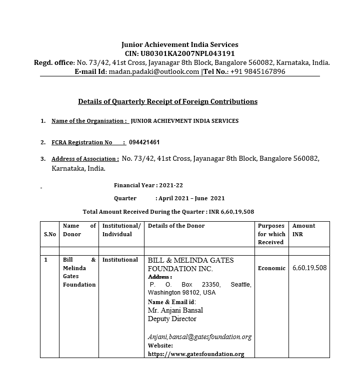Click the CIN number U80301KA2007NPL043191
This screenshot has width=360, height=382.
pos(187,53)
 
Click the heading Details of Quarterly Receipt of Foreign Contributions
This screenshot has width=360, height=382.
pos(167,101)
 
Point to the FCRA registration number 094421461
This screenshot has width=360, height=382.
pos(144,142)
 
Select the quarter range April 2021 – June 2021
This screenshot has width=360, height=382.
pos(190,198)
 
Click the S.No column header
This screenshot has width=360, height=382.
pos(49,234)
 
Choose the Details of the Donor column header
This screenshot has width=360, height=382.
pos(176,226)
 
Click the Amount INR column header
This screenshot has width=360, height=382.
pos(304,230)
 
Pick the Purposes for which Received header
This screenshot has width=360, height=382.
pos(271,234)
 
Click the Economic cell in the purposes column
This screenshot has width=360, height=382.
pos(271,268)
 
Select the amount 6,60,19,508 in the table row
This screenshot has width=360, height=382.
pos(309,268)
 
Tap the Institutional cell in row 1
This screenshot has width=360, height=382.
pos(120,260)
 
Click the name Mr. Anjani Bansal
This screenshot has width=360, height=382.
pos(175,310)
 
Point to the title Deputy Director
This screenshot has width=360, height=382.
pos(172,319)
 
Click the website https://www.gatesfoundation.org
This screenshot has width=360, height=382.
pos(196,354)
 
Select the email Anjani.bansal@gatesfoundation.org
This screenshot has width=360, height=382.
pos(199,337)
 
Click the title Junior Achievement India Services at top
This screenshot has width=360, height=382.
pos(180,44)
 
